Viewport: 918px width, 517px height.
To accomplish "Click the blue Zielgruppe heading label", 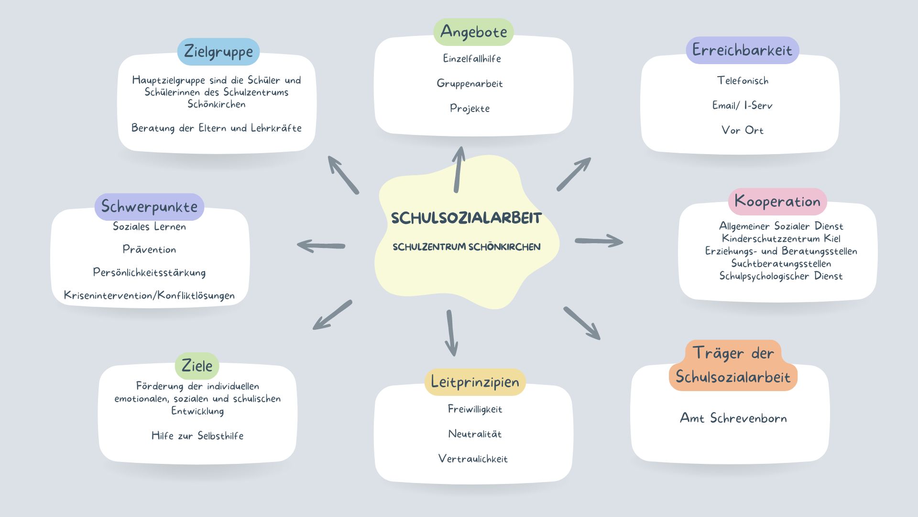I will (219, 51).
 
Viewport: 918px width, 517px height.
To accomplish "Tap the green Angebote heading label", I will (473, 32).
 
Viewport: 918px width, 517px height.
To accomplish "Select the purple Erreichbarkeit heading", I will (742, 50).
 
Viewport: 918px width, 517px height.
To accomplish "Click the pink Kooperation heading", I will (777, 202).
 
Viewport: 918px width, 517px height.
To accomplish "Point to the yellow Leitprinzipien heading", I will (475, 382).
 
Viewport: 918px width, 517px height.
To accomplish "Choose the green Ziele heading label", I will (197, 366).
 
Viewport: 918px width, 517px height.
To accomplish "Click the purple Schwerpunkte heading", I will (149, 207).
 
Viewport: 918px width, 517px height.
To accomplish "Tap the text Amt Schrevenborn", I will (733, 418).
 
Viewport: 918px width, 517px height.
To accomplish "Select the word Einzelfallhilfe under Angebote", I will (472, 59).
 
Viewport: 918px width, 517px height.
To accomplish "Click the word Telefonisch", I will (743, 81).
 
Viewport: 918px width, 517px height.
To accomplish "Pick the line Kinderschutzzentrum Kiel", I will (781, 238).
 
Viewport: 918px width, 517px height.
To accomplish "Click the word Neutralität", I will (475, 434).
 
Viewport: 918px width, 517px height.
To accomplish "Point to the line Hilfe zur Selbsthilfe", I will (197, 436).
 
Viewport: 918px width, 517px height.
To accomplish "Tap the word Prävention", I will (149, 249).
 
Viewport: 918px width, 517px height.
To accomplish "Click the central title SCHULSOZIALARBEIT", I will (466, 218).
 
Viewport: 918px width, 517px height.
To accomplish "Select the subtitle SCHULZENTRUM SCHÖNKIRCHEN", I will (466, 247).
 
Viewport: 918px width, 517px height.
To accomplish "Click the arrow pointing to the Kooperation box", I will (599, 241).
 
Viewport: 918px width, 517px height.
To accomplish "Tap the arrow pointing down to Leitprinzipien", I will (451, 333).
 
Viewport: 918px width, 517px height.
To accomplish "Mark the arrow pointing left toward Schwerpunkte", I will (321, 246).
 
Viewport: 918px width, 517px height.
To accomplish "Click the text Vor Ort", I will (742, 130).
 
